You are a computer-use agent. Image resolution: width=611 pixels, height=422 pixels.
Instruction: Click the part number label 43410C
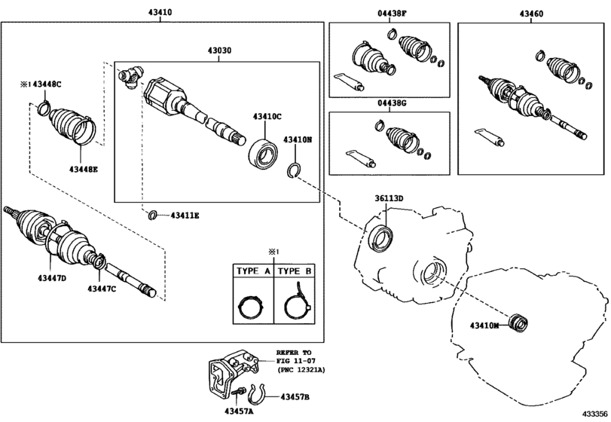tap(267, 116)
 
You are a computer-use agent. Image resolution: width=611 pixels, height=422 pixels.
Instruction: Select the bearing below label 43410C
tap(263, 154)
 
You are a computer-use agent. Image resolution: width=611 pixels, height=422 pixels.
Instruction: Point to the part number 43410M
tap(484, 325)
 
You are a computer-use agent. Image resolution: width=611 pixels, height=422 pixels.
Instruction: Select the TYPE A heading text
tap(253, 271)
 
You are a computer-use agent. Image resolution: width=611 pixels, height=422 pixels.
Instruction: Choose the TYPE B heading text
tap(295, 271)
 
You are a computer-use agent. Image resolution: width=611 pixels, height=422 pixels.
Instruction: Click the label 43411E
tap(185, 216)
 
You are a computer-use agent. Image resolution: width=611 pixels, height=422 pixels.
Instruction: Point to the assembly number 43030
tap(219, 50)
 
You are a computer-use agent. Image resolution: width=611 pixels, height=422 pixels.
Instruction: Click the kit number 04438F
tap(392, 14)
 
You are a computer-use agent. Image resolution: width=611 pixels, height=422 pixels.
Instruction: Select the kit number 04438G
tap(392, 103)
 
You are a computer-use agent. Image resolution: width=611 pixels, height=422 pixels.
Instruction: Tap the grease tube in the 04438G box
tap(361, 158)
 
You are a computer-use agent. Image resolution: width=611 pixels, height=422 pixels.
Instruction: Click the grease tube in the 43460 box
tap(490, 138)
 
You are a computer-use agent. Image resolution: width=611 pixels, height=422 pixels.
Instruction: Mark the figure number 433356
tap(595, 414)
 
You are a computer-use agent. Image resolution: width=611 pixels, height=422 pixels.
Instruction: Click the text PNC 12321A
tap(301, 370)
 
